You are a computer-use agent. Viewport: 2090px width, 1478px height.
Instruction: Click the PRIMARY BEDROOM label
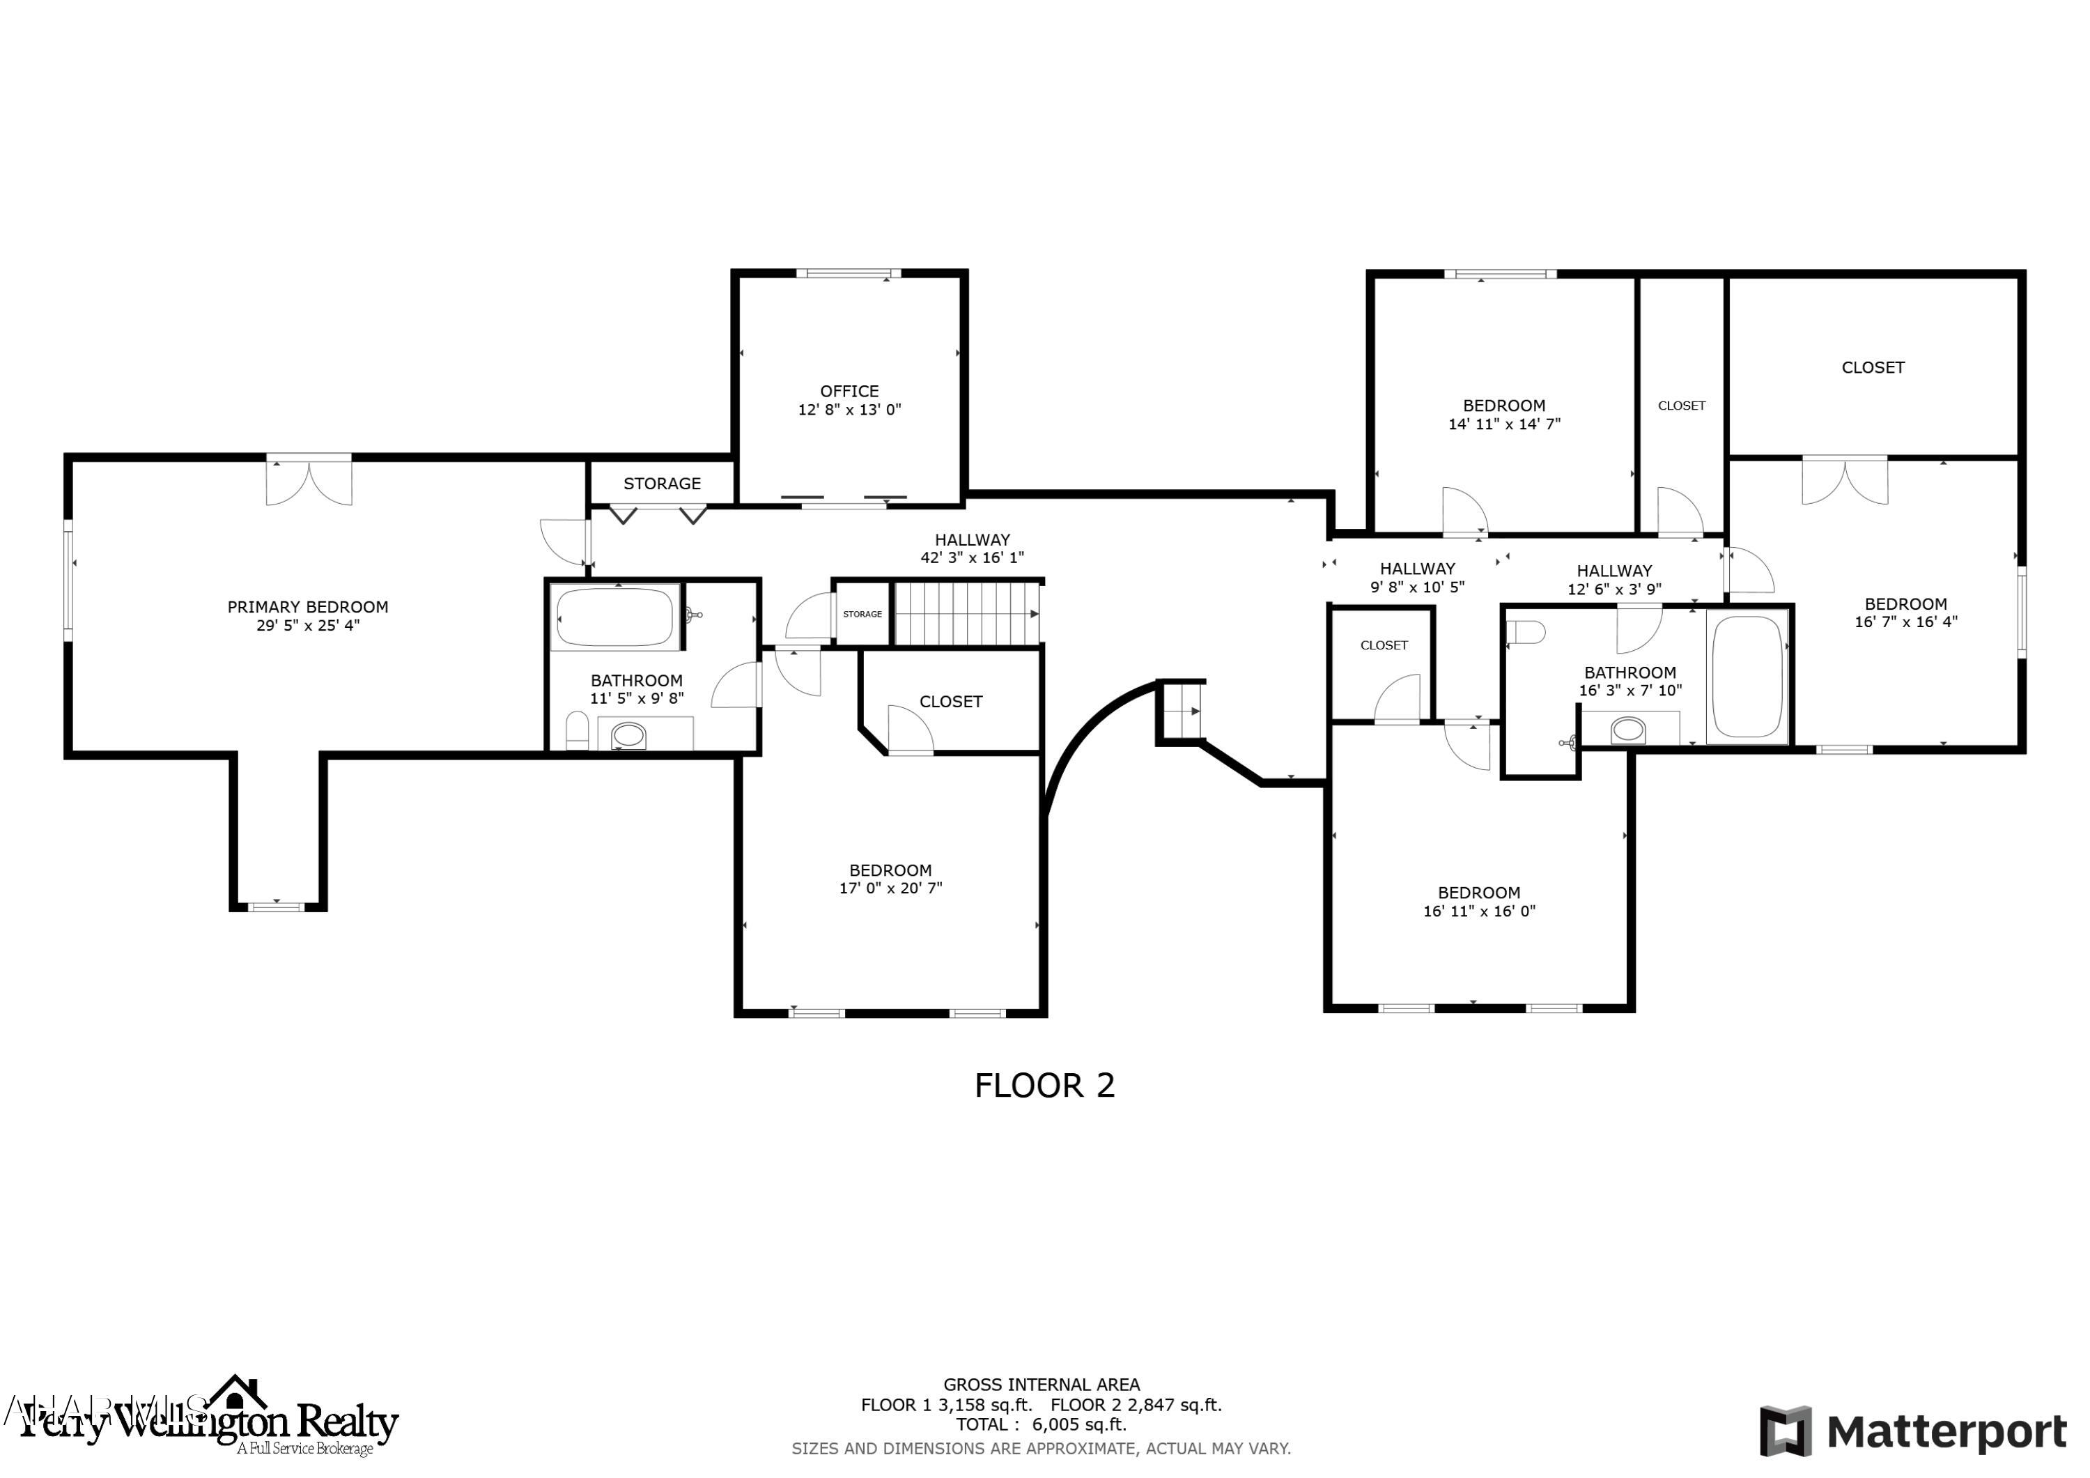coord(308,606)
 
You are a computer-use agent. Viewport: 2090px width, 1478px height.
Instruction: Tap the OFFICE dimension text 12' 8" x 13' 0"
coord(849,410)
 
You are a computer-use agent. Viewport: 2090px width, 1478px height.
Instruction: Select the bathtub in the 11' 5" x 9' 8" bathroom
coord(615,617)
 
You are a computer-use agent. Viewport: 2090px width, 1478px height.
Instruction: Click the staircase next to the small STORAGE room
coord(967,614)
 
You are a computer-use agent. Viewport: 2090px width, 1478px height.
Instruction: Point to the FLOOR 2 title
coord(1044,1086)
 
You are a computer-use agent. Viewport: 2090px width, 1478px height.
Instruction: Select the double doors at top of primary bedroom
coord(309,482)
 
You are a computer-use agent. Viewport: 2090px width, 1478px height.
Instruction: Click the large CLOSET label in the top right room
coord(1873,367)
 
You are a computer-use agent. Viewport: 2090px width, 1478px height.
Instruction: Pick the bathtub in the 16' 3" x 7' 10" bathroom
coord(1747,676)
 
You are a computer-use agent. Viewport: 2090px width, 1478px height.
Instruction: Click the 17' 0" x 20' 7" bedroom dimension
coord(890,888)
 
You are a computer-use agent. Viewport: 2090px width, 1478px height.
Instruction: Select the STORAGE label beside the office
coord(662,484)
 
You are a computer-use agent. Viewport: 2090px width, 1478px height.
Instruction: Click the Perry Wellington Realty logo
coord(210,1421)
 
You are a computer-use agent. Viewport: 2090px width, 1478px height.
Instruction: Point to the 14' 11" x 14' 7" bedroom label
coord(1504,415)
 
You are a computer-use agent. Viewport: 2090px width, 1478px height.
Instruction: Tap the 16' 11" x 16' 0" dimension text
coord(1479,911)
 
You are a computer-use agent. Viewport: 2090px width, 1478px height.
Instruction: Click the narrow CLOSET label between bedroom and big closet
coord(1681,406)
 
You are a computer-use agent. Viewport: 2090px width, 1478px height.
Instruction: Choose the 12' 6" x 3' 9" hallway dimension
coord(1614,590)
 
